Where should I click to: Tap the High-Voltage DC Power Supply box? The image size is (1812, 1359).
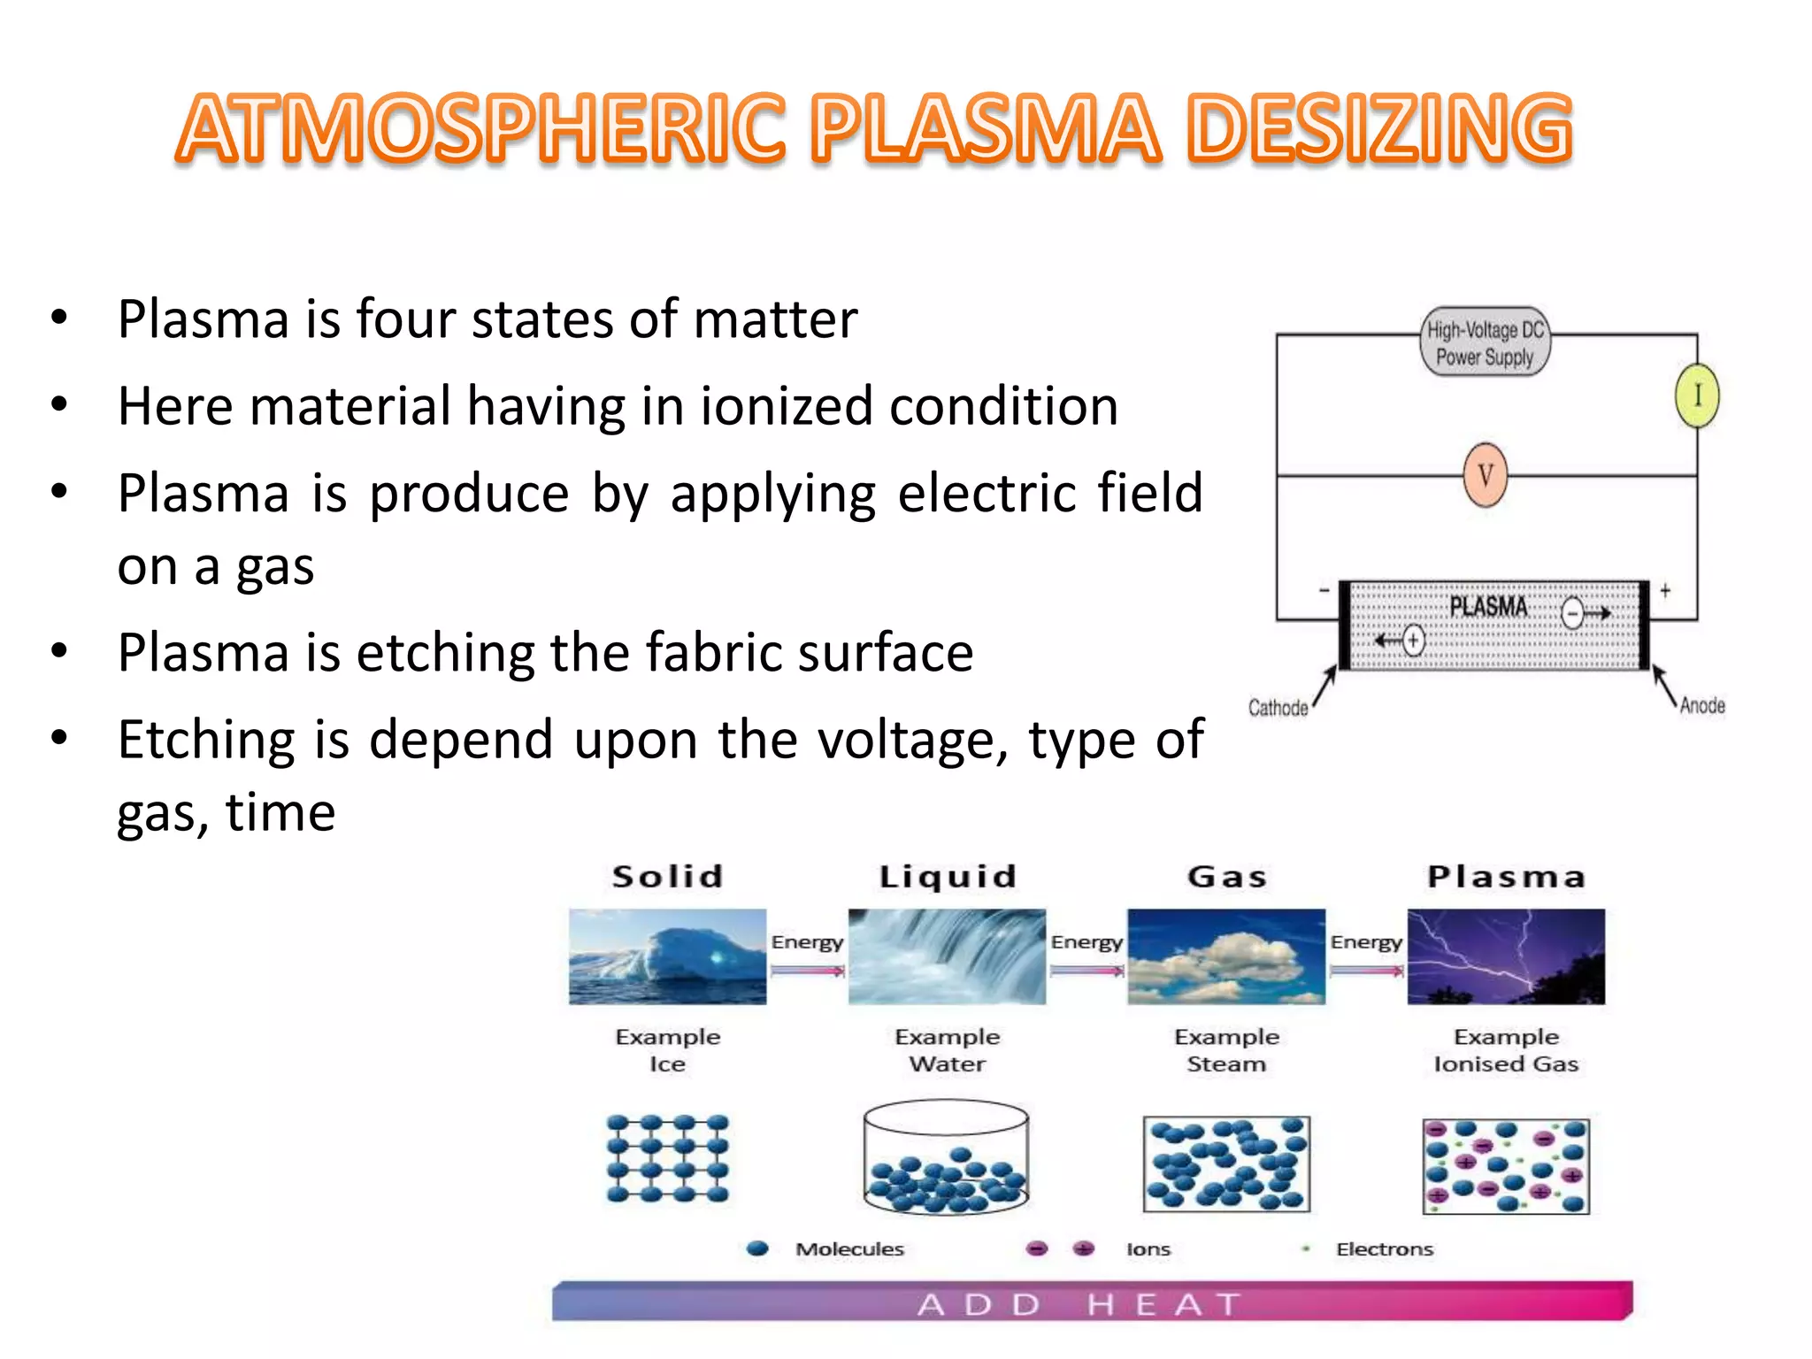1485,342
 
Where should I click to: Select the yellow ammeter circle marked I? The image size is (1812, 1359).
1696,395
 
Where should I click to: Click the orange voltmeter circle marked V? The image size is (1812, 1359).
1485,475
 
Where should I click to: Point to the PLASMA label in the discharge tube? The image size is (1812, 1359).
1488,607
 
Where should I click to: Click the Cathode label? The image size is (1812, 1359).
1278,708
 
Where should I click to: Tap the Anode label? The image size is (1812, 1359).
1702,705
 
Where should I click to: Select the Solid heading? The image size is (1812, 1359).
668,877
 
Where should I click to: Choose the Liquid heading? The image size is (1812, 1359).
948,877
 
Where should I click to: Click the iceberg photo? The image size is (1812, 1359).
668,956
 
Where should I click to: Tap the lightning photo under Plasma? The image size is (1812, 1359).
1506,956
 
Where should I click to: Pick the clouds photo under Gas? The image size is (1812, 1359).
1226,956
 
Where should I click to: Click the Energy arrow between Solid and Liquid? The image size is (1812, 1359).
807,971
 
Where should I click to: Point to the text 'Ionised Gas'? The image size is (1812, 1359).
1506,1064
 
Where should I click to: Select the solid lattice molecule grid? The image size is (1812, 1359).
668,1158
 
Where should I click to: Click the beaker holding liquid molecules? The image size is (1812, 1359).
947,1158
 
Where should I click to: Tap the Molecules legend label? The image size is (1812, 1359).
849,1249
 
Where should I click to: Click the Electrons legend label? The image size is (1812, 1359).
1385,1249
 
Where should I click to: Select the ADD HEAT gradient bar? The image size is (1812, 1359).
1092,1302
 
